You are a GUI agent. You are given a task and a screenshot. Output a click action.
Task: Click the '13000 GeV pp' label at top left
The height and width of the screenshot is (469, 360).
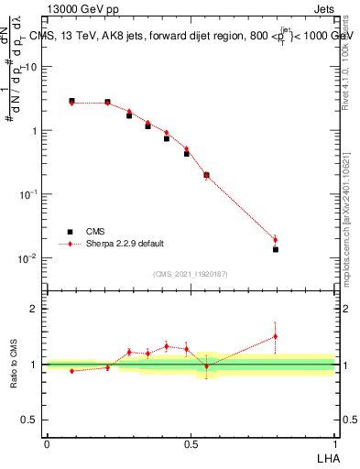click(x=81, y=10)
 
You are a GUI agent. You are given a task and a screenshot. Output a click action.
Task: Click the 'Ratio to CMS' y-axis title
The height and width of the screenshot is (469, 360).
click(x=14, y=364)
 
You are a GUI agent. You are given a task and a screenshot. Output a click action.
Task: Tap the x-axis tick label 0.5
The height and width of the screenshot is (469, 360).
click(x=191, y=442)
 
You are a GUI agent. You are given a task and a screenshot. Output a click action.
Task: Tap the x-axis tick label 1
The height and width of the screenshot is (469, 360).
click(x=333, y=442)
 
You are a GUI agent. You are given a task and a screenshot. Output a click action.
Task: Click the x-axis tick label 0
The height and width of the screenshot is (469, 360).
click(x=47, y=442)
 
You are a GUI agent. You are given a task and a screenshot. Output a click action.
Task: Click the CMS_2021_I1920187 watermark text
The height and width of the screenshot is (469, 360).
click(x=191, y=274)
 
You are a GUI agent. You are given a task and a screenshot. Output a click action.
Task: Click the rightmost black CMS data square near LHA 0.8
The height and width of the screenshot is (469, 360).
click(x=275, y=249)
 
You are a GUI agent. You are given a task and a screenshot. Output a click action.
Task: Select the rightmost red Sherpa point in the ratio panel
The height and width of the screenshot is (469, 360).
click(x=275, y=336)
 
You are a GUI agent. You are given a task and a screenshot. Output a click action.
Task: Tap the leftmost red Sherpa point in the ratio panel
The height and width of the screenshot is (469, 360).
click(x=71, y=371)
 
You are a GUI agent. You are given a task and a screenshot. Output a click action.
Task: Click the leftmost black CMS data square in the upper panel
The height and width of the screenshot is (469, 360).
click(x=71, y=101)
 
